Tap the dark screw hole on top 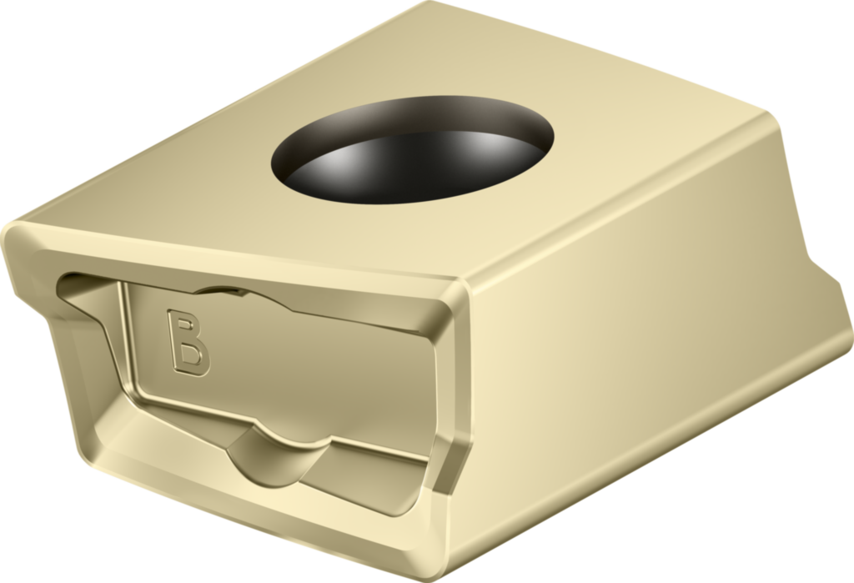(413, 150)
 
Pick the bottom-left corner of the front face (92, 455)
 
